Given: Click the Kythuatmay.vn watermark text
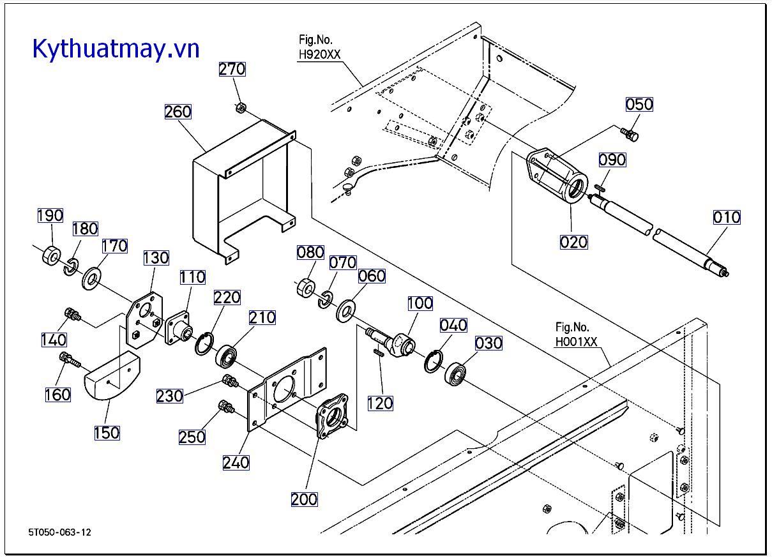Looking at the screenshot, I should point(116,49).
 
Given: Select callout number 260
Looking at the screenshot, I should point(178,112).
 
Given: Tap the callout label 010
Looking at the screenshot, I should point(727,218).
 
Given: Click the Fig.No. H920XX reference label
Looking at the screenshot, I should point(320,49).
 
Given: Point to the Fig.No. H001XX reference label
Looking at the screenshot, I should point(576,335).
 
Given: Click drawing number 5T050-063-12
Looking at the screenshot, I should point(59,532).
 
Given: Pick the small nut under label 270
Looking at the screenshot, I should point(241,107).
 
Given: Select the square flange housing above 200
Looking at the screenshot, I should point(332,418).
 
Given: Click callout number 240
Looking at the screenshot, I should point(236,462).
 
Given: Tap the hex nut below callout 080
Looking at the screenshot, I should point(305,288).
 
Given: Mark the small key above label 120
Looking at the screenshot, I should point(378,350).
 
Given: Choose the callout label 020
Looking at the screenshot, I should point(573,243).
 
